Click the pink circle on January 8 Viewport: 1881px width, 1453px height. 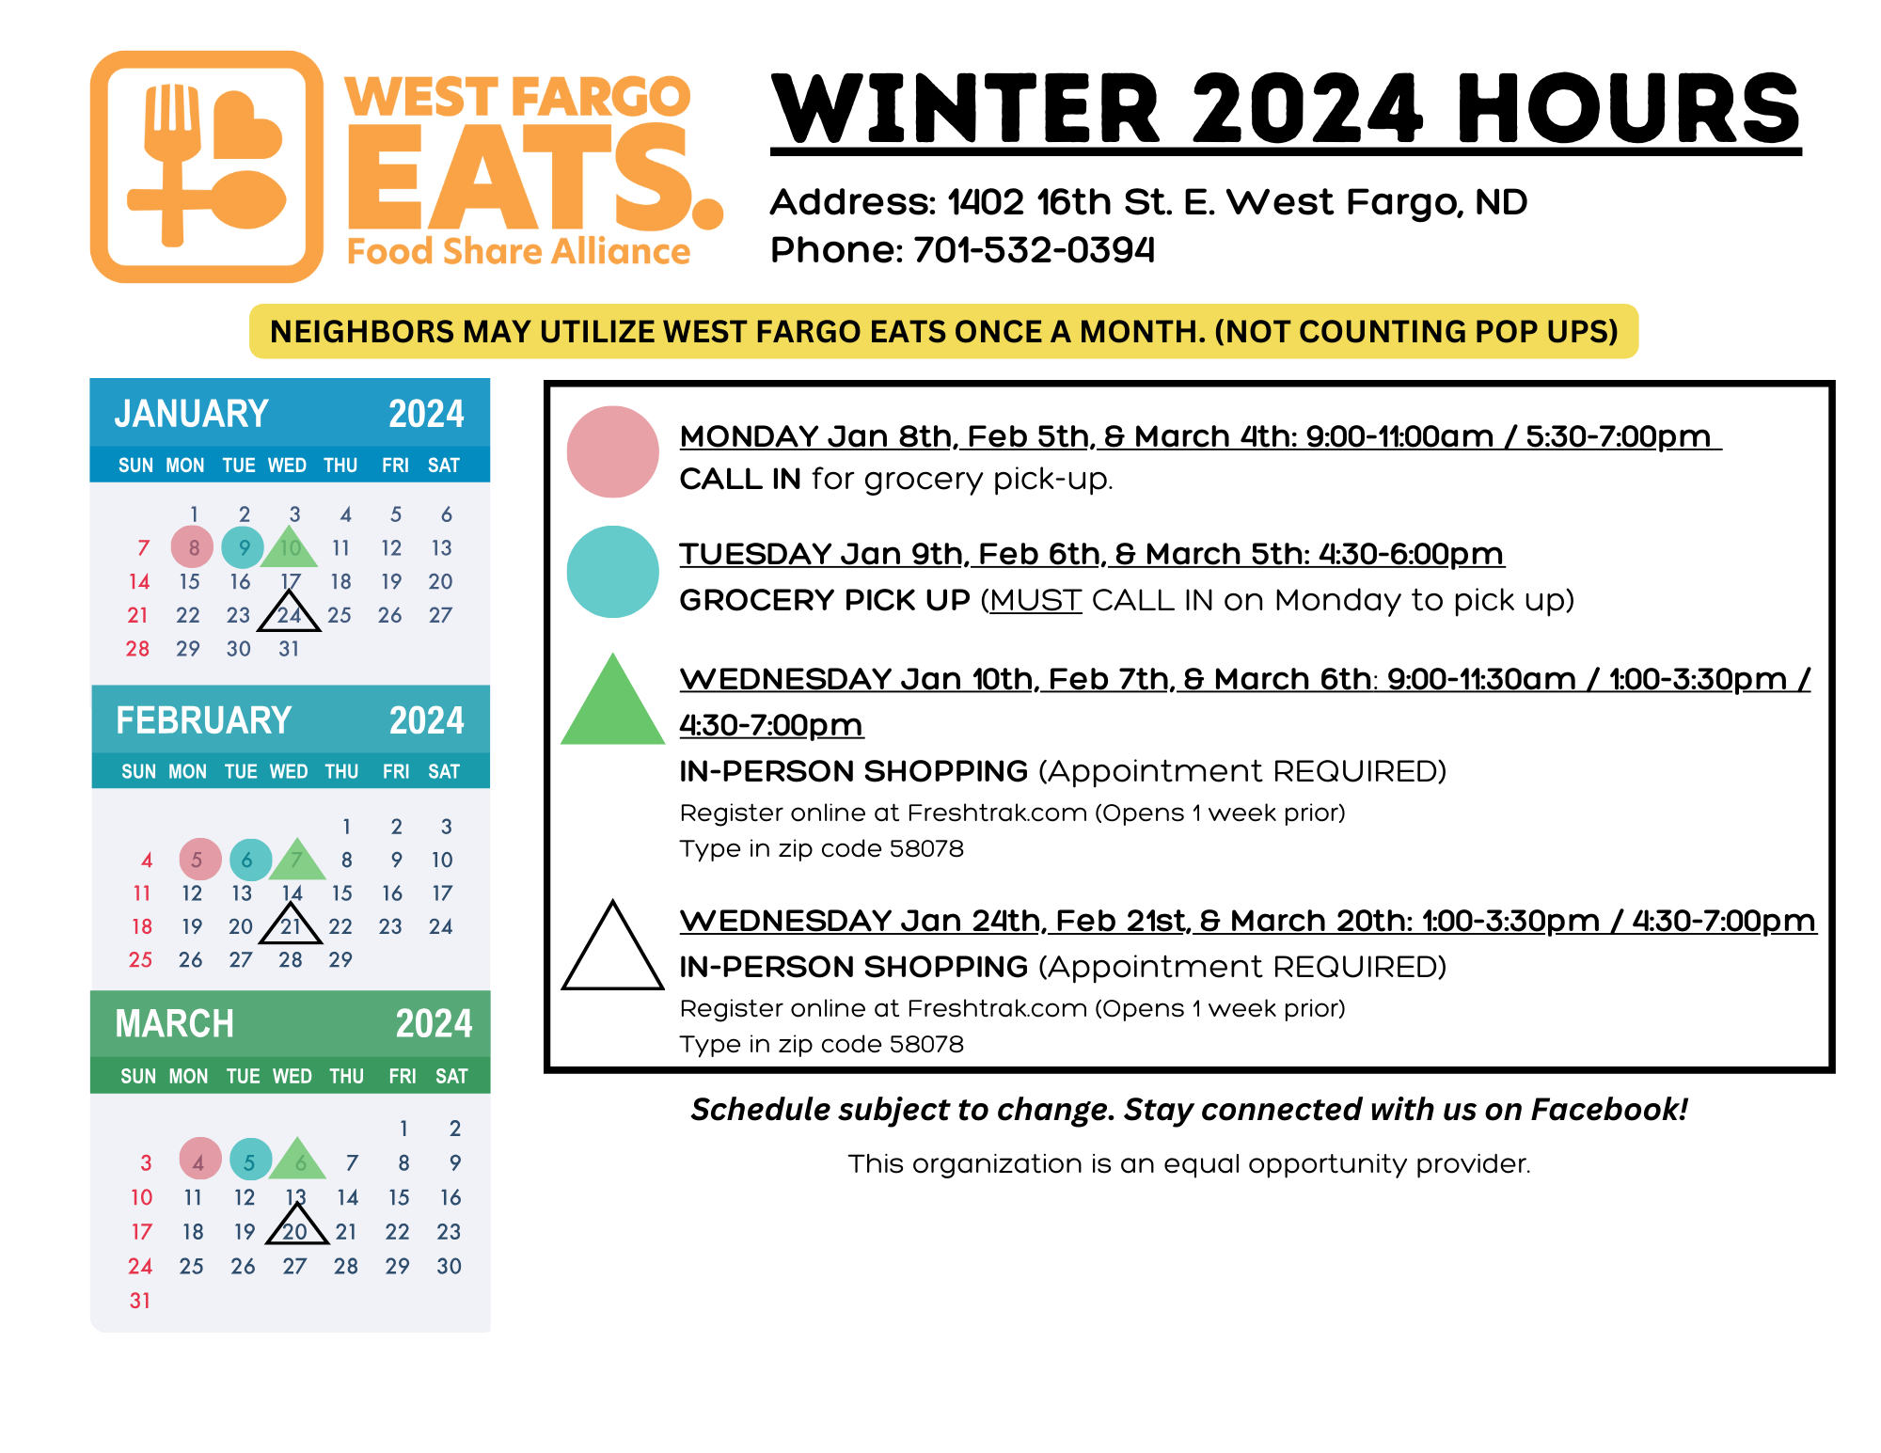coord(192,546)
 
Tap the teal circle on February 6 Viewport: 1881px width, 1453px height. coord(250,860)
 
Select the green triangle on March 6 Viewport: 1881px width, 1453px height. coord(297,1159)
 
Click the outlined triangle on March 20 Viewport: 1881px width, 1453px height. coord(297,1240)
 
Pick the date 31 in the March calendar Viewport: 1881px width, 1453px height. coord(140,1301)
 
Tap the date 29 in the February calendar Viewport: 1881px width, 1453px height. coord(340,959)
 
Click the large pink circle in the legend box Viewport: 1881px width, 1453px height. coord(612,451)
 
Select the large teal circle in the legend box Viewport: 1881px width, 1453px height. coord(612,571)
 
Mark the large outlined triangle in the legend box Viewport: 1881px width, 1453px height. coord(613,986)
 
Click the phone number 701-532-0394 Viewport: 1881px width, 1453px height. coord(1034,250)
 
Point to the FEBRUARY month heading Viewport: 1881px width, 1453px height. coord(203,720)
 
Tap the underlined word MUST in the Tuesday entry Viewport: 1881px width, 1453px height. coord(1035,600)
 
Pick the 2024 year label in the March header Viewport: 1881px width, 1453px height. coord(434,1023)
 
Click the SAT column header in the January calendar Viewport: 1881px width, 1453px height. coord(444,466)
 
